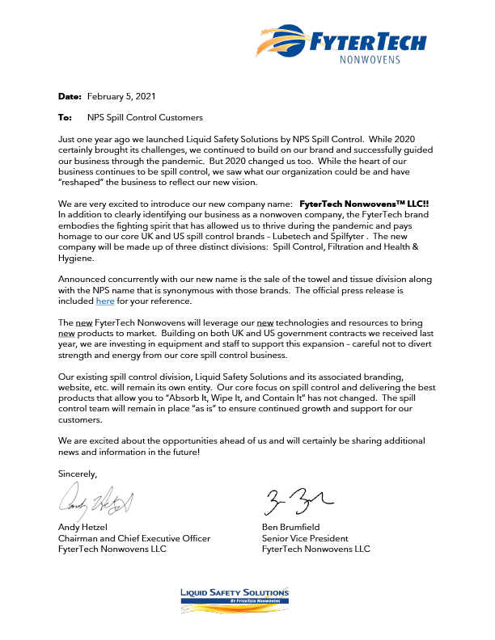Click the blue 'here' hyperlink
105,301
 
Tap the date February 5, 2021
121,96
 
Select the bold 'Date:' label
70,96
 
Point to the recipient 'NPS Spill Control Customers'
145,117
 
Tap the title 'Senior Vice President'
305,538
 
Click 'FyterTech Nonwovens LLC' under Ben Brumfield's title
316,549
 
